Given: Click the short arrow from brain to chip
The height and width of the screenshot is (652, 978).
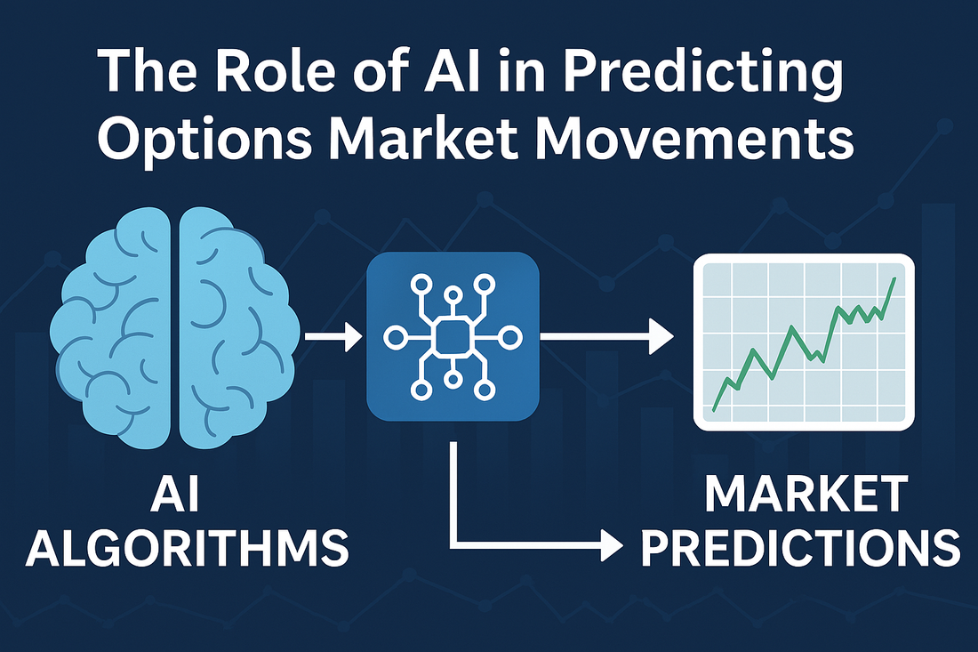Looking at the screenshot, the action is [x=333, y=337].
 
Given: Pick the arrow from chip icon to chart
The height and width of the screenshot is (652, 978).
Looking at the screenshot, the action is [x=606, y=336].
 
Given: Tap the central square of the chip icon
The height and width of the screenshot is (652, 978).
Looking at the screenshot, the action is [x=453, y=337].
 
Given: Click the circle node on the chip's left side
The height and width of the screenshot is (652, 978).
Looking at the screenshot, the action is [x=395, y=338].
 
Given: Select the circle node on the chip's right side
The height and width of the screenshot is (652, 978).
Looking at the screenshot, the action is [x=511, y=337].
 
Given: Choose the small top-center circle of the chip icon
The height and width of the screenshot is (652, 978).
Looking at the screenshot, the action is [x=453, y=295].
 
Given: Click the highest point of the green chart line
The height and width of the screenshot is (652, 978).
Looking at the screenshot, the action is [x=895, y=278].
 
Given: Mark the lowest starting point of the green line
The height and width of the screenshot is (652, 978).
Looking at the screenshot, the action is [x=714, y=410].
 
